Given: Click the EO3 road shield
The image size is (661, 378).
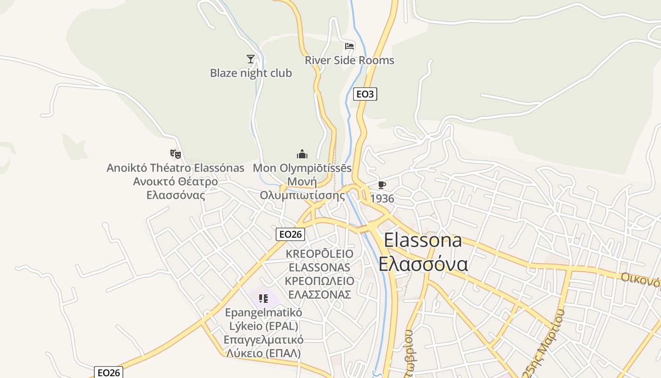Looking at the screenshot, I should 365,94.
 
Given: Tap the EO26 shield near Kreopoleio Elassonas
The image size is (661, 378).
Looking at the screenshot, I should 290,234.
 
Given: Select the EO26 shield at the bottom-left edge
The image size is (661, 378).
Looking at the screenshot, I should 109,372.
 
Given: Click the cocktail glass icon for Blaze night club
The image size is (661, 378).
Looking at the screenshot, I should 251,59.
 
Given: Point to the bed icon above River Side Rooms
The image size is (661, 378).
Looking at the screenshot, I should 349,46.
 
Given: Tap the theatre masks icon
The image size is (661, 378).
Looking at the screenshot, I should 176,154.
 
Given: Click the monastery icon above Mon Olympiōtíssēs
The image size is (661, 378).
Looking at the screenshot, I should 302,154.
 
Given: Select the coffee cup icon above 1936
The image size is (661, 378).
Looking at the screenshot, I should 381,185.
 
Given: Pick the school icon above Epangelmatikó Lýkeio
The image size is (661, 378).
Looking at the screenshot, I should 263,298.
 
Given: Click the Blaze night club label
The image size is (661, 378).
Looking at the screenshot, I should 251,73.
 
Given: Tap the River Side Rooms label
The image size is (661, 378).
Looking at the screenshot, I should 349,60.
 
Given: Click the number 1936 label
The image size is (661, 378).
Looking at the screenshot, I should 382,198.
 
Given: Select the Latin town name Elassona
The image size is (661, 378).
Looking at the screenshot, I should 423,240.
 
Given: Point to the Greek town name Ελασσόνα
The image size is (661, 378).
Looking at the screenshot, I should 423,264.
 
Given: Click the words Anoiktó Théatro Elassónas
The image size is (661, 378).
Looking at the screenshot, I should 176,168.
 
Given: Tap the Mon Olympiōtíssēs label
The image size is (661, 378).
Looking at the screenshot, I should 302,168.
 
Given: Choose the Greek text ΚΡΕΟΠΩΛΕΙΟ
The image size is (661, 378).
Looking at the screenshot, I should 319,281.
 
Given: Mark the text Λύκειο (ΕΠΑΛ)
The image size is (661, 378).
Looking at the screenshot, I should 263,353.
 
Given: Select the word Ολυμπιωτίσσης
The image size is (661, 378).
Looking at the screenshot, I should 302,195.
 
